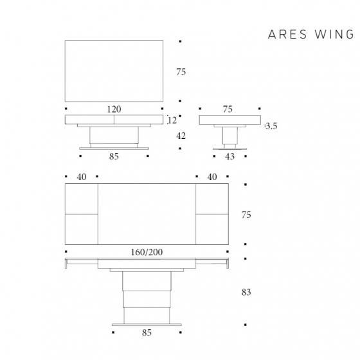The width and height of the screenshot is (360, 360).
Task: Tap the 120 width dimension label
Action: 114,109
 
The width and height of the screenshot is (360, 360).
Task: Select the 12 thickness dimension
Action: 172,120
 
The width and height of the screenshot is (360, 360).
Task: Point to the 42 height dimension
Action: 181,136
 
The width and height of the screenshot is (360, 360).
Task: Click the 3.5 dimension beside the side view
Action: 271,126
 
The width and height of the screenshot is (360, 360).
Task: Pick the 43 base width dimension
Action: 230,156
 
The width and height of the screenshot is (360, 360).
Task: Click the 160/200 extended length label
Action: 146,251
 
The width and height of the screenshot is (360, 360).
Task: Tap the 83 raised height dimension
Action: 246,292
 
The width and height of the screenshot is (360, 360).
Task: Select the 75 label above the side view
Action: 228,109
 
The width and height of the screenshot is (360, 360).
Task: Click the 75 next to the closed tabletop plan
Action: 181,72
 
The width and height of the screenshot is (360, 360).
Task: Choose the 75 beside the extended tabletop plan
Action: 246,215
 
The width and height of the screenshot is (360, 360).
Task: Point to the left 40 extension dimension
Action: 82,177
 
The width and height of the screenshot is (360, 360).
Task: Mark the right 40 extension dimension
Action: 212,177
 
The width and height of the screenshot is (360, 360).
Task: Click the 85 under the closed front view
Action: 114,156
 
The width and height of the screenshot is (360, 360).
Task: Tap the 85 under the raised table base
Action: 146,333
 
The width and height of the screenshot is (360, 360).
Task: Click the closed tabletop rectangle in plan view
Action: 114,71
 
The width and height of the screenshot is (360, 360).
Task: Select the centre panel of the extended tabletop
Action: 146,214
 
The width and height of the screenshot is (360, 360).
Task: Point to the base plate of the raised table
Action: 146,324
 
